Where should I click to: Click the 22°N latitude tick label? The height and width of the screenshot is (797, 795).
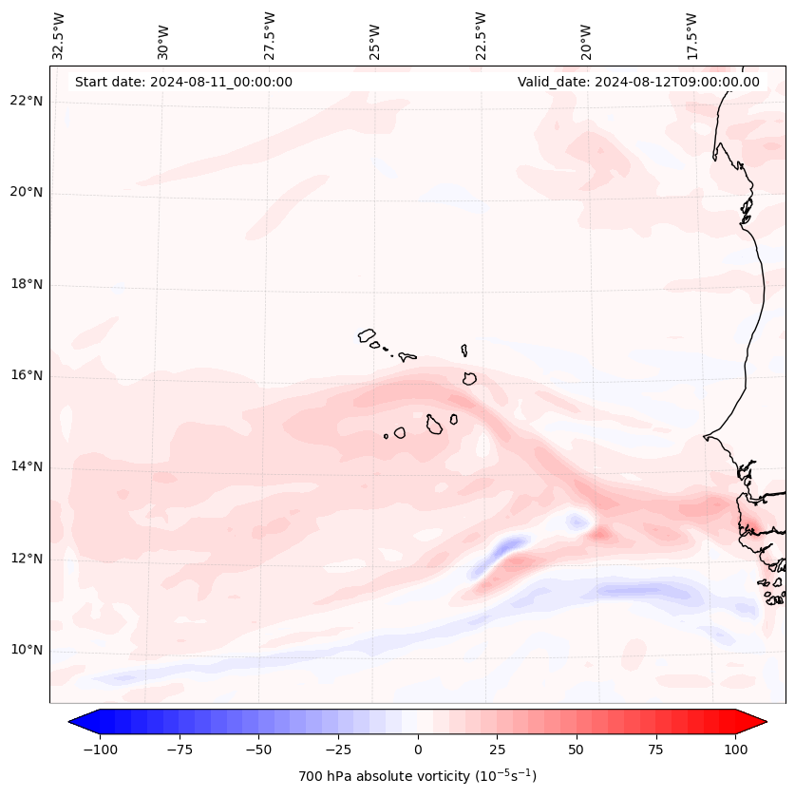(x=27, y=102)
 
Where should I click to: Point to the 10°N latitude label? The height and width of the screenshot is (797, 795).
(x=27, y=651)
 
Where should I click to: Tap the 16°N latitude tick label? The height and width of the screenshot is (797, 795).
(x=27, y=376)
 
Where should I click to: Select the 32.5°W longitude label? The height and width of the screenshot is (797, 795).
(x=59, y=36)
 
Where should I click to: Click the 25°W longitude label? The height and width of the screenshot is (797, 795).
(x=375, y=36)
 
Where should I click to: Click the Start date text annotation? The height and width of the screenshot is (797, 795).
(x=183, y=82)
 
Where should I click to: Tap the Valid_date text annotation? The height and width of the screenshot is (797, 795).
(x=638, y=82)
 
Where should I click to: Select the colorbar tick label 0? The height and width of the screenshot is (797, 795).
(x=418, y=750)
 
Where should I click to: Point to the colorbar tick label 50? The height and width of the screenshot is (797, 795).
(x=576, y=750)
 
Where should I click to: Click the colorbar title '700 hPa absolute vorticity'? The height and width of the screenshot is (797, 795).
(x=417, y=776)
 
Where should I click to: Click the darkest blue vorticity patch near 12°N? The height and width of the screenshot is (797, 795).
(x=510, y=544)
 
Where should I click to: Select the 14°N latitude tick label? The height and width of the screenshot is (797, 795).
(x=27, y=467)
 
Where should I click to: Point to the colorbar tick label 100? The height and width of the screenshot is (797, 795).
(x=735, y=750)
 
